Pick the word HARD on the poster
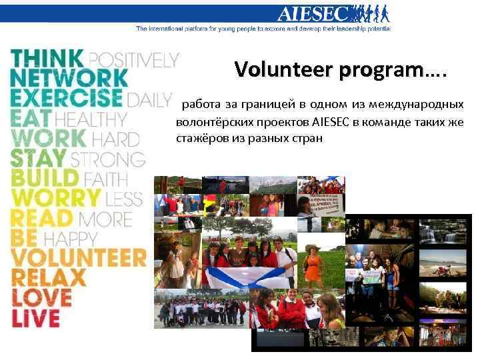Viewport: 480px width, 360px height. [115, 139]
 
